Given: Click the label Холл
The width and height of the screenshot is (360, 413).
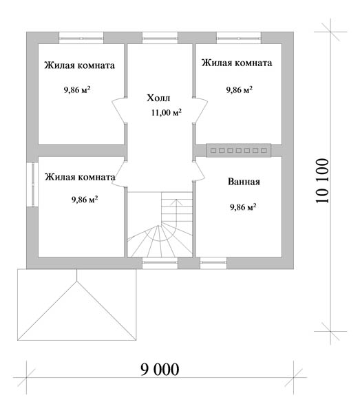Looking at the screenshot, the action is (158, 98).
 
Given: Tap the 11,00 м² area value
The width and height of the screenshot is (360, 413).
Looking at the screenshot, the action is (167, 112).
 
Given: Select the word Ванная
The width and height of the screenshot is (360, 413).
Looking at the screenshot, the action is (244, 182).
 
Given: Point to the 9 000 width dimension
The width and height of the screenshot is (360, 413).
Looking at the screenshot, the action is (160, 369).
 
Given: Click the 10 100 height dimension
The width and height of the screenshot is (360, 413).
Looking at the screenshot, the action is (322, 180).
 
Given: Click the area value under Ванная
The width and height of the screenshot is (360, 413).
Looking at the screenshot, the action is (243, 207).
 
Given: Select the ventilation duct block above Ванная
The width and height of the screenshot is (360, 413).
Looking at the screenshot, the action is (238, 150).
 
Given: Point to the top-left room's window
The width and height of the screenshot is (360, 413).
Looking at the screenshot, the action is (81, 38).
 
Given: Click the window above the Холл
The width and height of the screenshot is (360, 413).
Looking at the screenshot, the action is (160, 38).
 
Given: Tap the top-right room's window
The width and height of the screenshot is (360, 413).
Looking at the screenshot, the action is (239, 38).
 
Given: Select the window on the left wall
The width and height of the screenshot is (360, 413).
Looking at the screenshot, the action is (32, 184).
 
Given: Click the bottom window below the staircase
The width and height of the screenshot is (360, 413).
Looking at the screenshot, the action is (160, 263).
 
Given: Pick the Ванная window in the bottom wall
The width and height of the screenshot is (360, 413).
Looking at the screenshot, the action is (213, 263).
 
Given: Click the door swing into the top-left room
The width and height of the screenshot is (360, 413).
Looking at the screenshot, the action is (119, 110).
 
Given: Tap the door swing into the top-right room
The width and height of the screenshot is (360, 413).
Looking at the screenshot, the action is (200, 110).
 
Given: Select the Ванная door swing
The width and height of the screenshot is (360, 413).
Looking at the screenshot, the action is (199, 171).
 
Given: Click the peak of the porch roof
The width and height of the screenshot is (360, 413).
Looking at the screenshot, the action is (77, 281).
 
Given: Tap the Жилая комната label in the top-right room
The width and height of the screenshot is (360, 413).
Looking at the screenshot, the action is (237, 63).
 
